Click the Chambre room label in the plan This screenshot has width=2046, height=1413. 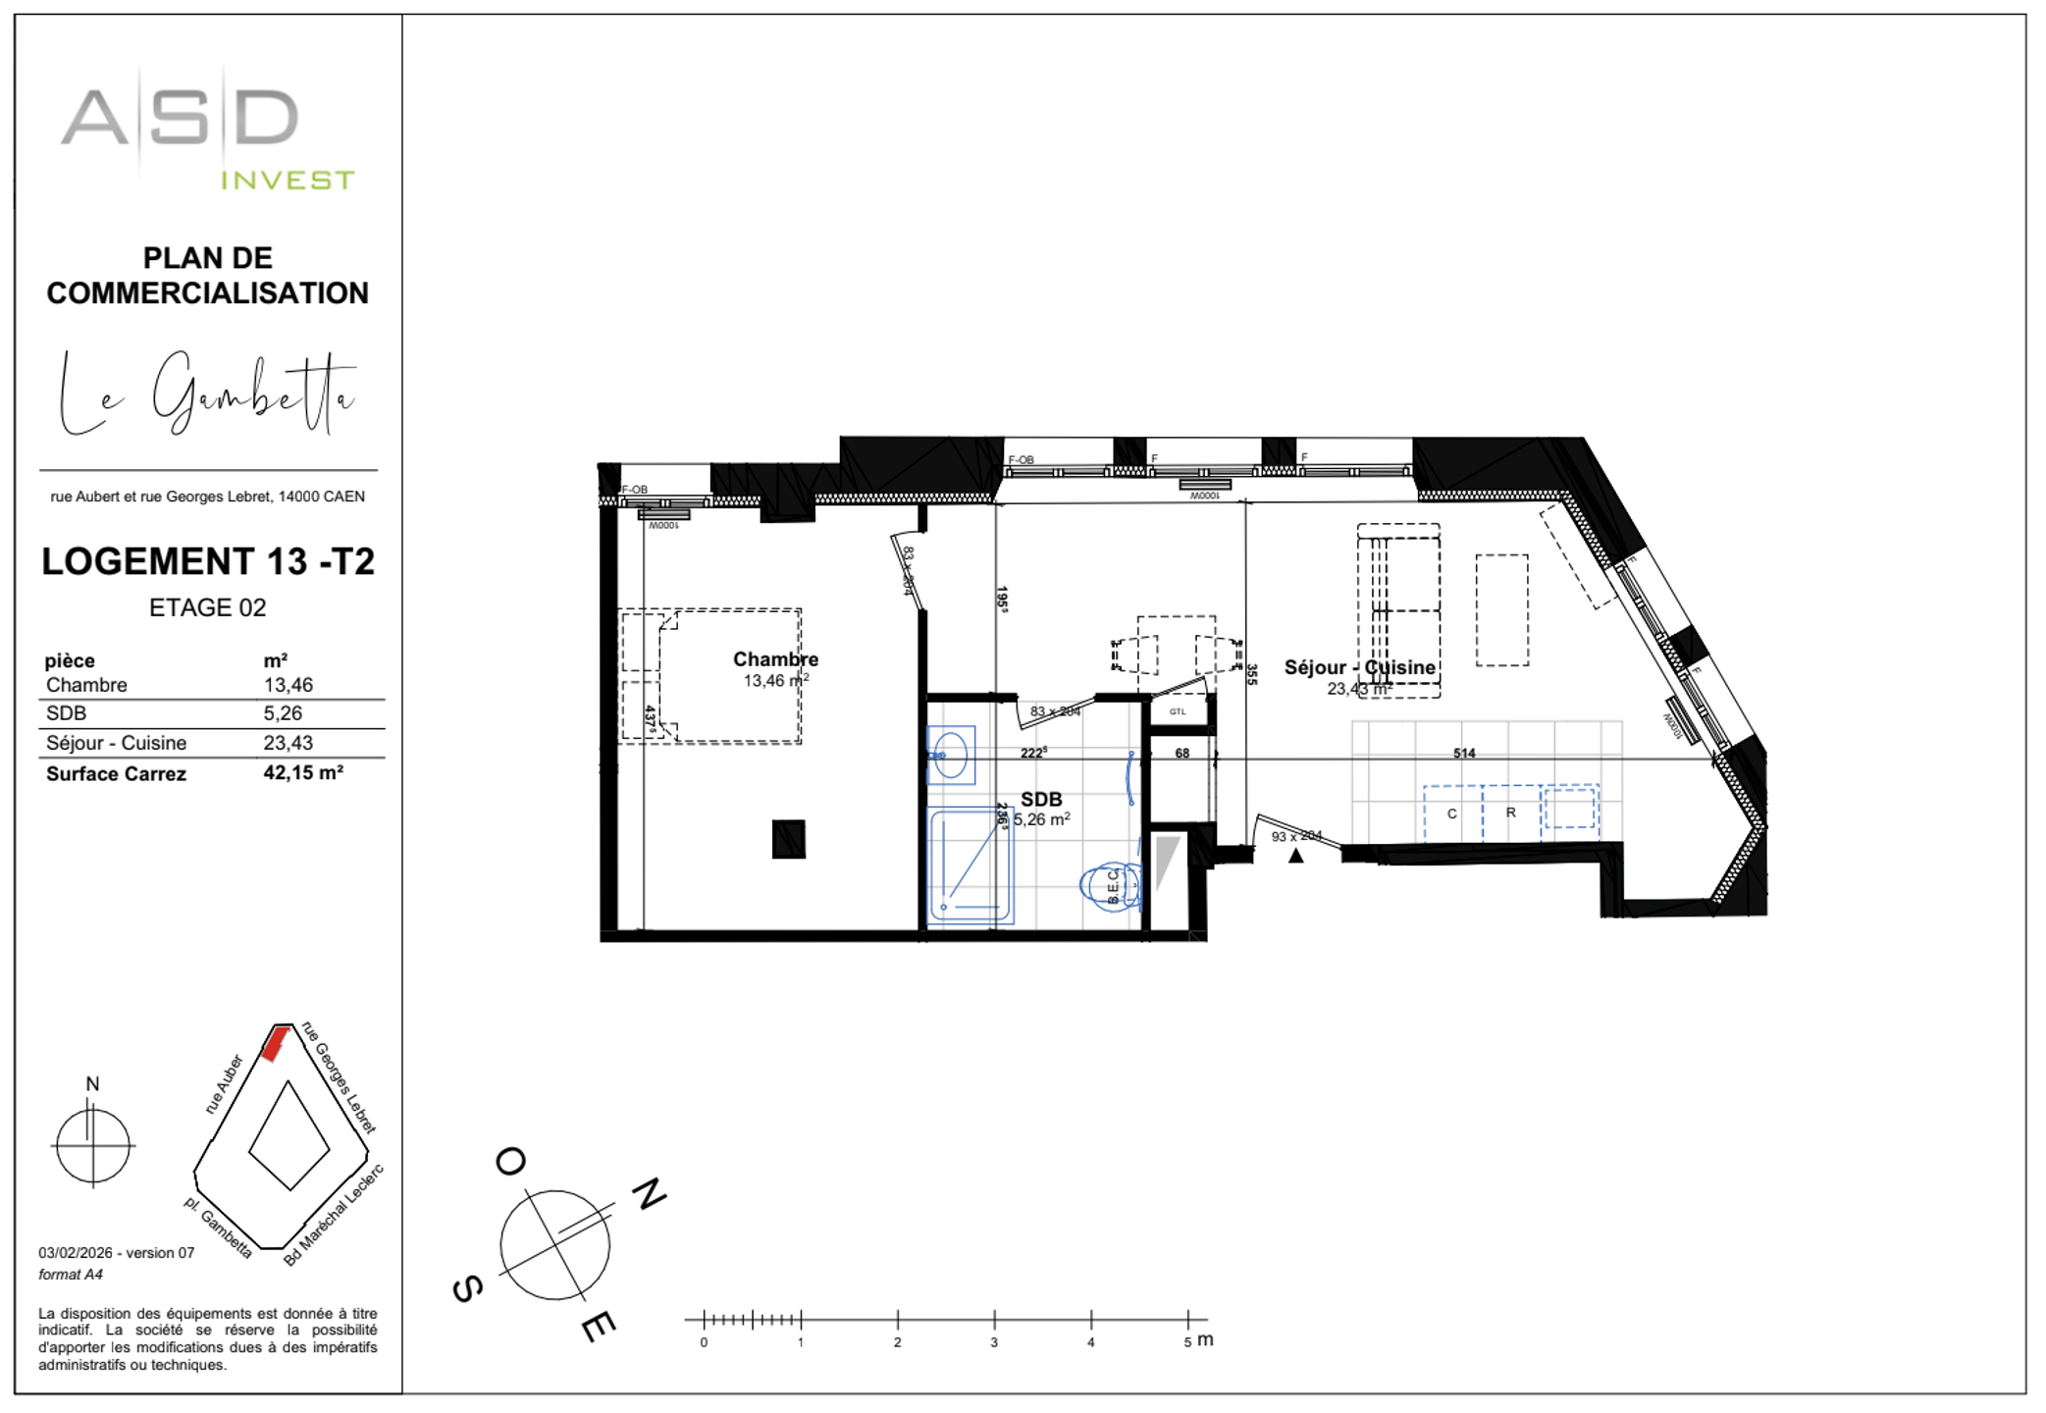click(x=775, y=659)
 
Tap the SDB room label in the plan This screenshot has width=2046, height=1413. click(x=1040, y=800)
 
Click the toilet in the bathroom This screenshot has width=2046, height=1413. click(x=1111, y=886)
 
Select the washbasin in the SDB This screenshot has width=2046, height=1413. click(x=950, y=756)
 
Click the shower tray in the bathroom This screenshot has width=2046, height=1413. click(x=970, y=865)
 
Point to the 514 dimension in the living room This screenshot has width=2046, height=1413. click(x=1463, y=754)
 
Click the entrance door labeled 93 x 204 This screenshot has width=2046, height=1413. click(x=1296, y=835)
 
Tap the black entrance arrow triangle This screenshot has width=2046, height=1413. click(x=1295, y=856)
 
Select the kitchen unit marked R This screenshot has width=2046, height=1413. click(x=1510, y=812)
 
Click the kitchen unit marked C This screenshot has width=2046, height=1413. click(x=1451, y=813)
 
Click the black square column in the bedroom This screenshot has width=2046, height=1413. click(x=788, y=839)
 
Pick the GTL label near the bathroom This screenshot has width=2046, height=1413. click(x=1178, y=711)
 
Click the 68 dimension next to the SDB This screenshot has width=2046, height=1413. click(x=1181, y=754)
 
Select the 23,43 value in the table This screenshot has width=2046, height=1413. click(x=288, y=743)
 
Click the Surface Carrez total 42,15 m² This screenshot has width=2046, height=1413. click(x=302, y=773)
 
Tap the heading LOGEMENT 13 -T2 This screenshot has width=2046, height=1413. click(x=208, y=561)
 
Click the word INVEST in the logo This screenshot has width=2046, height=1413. click(x=287, y=181)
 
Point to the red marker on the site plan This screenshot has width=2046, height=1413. click(x=275, y=1043)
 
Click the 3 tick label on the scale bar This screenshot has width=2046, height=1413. click(x=993, y=1342)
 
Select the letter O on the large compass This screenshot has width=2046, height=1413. click(x=510, y=1162)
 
